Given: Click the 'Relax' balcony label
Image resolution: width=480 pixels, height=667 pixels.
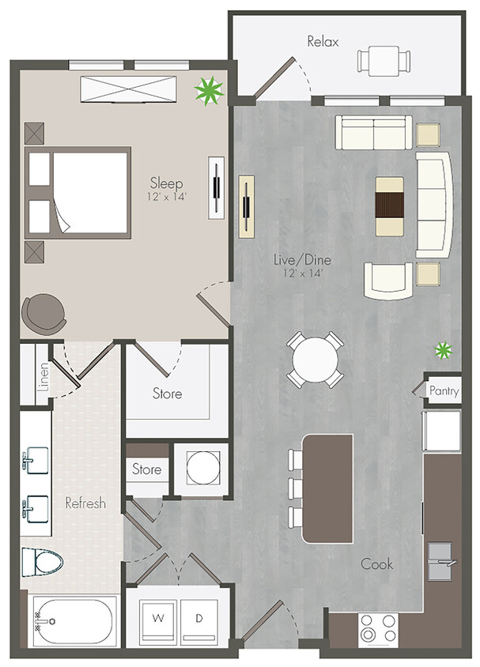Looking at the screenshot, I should coord(323,41).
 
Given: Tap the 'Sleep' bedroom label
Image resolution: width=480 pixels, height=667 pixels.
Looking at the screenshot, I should coord(167,183).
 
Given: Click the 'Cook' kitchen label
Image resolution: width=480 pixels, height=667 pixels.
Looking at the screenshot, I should coord(378,564).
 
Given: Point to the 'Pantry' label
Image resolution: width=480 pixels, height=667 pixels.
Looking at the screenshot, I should coord(444,390).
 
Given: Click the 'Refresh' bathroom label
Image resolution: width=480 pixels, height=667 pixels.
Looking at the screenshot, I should coord(85,503).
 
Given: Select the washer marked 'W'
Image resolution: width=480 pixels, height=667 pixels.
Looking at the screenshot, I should coord(158,616).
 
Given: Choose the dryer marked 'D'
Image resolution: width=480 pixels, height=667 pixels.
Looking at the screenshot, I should coord(200,616).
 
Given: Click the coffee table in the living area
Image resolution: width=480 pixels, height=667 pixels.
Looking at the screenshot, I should coord(388,205).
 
